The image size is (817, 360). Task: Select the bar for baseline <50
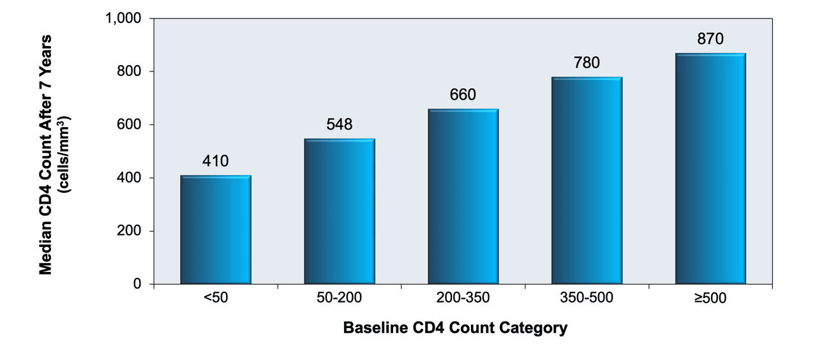pyautogui.click(x=216, y=229)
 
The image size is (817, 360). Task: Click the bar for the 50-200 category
pyautogui.click(x=340, y=211)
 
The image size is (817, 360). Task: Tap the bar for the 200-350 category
pyautogui.click(x=463, y=196)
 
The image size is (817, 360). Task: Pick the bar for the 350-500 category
pyautogui.click(x=587, y=180)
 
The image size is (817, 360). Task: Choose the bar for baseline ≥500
pyautogui.click(x=710, y=169)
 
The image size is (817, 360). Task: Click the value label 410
pyautogui.click(x=216, y=161)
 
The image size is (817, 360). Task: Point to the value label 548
pyautogui.click(x=340, y=124)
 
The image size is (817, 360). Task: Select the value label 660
pyautogui.click(x=463, y=95)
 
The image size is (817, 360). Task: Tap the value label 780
pyautogui.click(x=587, y=63)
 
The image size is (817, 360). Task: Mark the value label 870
pyautogui.click(x=710, y=39)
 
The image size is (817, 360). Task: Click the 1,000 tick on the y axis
pyautogui.click(x=123, y=19)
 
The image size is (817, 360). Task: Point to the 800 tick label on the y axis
pyautogui.click(x=129, y=71)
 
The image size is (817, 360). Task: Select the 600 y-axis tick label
pyautogui.click(x=129, y=124)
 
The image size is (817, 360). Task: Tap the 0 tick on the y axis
pyautogui.click(x=137, y=284)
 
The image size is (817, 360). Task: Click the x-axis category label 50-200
pyautogui.click(x=339, y=297)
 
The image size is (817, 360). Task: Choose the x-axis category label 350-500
pyautogui.click(x=587, y=297)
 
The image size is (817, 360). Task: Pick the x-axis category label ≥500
pyautogui.click(x=710, y=298)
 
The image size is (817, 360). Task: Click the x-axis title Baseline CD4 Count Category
pyautogui.click(x=455, y=328)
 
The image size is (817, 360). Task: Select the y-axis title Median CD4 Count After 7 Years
pyautogui.click(x=46, y=155)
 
